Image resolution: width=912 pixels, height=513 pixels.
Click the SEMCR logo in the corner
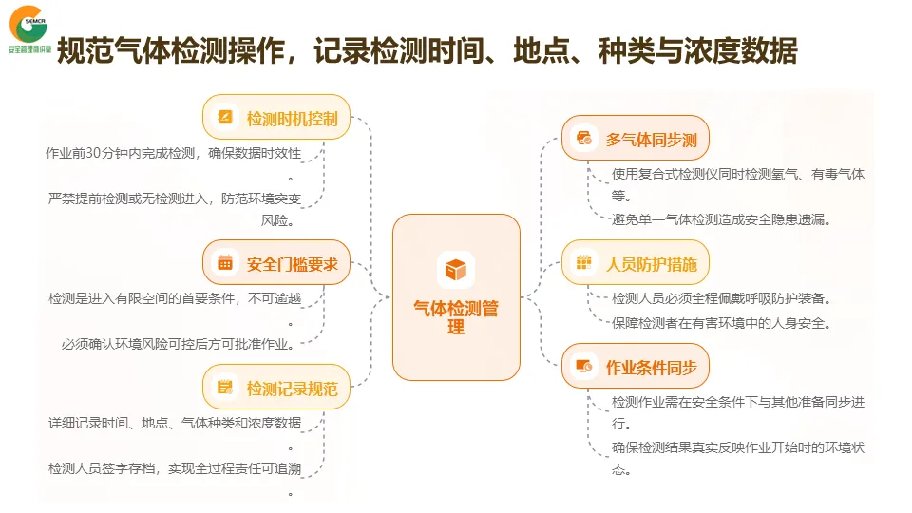point(28,28)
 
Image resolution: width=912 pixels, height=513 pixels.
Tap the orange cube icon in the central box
point(456,270)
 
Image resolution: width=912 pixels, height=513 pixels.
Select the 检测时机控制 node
point(276,118)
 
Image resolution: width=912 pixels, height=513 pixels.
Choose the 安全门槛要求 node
point(276,263)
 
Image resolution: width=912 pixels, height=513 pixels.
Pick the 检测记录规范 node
point(276,387)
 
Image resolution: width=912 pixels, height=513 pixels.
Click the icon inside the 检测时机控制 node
point(225,118)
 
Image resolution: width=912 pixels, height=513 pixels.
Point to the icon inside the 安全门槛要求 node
point(225,263)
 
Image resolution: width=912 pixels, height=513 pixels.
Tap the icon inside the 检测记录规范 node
point(225,387)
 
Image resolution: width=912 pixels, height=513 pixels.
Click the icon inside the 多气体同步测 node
point(583,140)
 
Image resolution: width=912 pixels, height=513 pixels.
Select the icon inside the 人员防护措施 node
point(583,263)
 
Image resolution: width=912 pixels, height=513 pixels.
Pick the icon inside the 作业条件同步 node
point(583,367)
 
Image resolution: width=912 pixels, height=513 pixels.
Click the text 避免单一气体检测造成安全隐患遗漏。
point(722,219)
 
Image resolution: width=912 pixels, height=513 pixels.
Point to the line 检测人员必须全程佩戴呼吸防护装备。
point(722,298)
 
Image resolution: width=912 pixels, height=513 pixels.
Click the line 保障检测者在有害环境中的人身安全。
point(722,323)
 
